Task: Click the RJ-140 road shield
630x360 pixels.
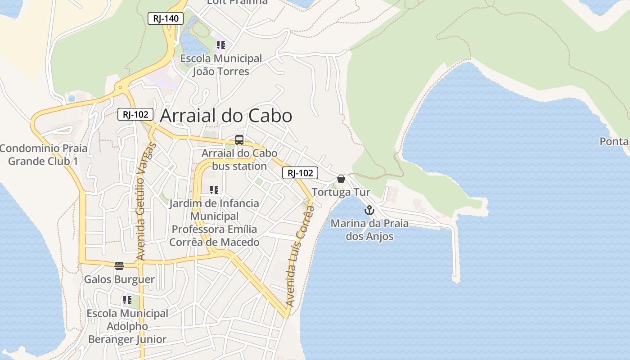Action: [166, 18]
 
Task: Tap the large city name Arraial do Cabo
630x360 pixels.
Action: [226, 116]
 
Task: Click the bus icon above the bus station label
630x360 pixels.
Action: [239, 140]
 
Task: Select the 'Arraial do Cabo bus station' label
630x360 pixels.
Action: [239, 160]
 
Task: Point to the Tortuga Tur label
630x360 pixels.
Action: [341, 192]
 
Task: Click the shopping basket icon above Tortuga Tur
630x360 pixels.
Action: [341, 179]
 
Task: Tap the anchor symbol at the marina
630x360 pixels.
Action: [369, 210]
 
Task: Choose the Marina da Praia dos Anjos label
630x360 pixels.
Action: [369, 230]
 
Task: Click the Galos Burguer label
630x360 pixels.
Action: [119, 279]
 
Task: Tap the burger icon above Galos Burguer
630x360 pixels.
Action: [119, 266]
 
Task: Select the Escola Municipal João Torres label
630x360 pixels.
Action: [221, 65]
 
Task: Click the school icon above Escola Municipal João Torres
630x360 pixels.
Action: [220, 45]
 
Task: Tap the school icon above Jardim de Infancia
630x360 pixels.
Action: [214, 190]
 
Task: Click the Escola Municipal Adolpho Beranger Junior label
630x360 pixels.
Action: [127, 326]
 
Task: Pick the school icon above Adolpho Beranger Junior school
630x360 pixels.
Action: [127, 300]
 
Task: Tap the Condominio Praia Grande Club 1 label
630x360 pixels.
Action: [43, 154]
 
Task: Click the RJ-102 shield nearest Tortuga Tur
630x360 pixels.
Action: [300, 173]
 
